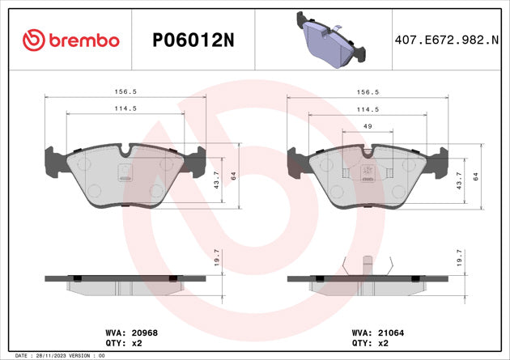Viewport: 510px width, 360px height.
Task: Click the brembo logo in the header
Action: (73, 40)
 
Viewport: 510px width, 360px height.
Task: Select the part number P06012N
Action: (193, 40)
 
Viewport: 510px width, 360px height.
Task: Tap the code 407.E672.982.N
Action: (446, 40)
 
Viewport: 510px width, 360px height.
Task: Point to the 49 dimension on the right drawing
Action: (367, 126)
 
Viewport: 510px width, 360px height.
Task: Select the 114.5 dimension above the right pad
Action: (368, 109)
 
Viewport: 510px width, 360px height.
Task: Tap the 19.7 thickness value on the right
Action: (460, 257)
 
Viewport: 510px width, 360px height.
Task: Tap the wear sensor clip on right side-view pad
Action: (367, 265)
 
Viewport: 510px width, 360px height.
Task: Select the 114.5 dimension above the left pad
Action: (124, 109)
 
